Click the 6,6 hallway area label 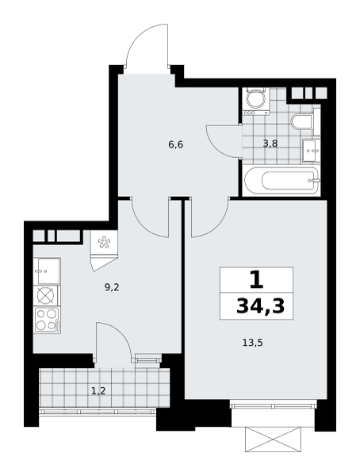[x=176, y=145]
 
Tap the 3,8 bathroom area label [x=270, y=144]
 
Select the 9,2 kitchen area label [x=112, y=287]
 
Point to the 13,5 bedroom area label [x=252, y=343]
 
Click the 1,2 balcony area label [x=98, y=390]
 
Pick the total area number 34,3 [x=260, y=305]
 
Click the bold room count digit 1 [x=256, y=281]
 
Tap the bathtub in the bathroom [x=281, y=181]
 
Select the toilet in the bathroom [x=302, y=122]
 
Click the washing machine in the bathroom [x=256, y=101]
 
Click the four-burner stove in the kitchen [x=47, y=320]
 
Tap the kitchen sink [x=48, y=271]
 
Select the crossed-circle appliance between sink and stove [x=47, y=296]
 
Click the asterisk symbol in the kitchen [x=104, y=242]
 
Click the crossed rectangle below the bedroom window [x=274, y=439]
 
